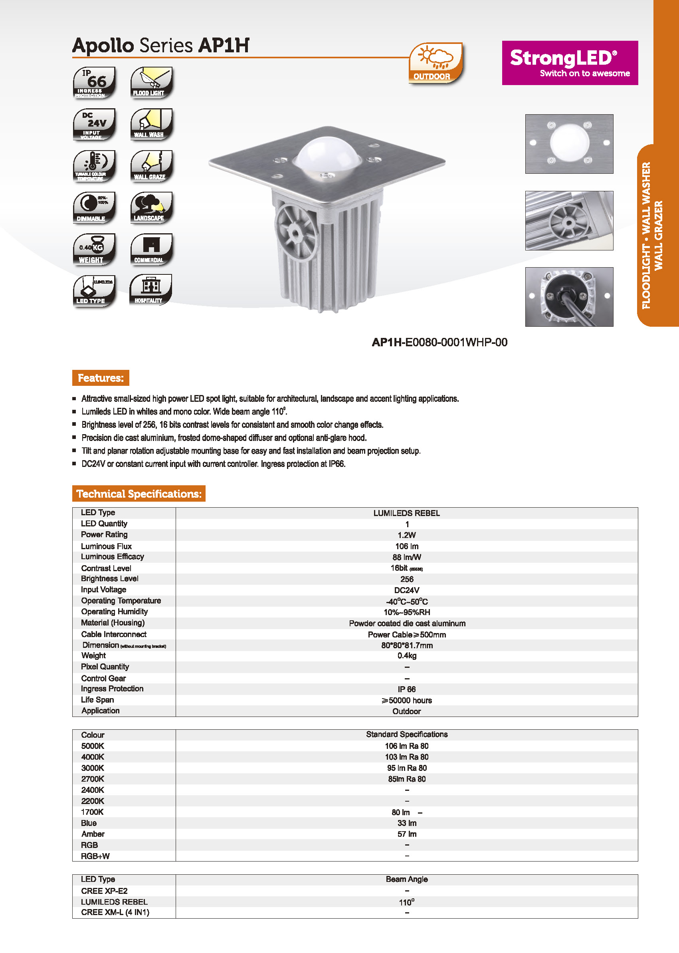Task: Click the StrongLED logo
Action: (570, 63)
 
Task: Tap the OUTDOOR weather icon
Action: (436, 63)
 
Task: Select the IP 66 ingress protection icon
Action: (94, 82)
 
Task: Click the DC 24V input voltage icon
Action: (94, 124)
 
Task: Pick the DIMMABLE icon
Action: (94, 208)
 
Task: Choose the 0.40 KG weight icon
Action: (94, 249)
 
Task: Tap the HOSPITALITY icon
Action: (150, 290)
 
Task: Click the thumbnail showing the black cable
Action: (569, 297)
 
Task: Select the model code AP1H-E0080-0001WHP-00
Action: (439, 342)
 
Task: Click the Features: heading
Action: (101, 378)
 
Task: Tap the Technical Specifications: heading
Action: (139, 494)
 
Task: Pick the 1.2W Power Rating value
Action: (406, 535)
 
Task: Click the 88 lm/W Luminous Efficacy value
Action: (406, 557)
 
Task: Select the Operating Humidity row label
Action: (114, 612)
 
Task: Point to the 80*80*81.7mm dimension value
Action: (406, 645)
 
